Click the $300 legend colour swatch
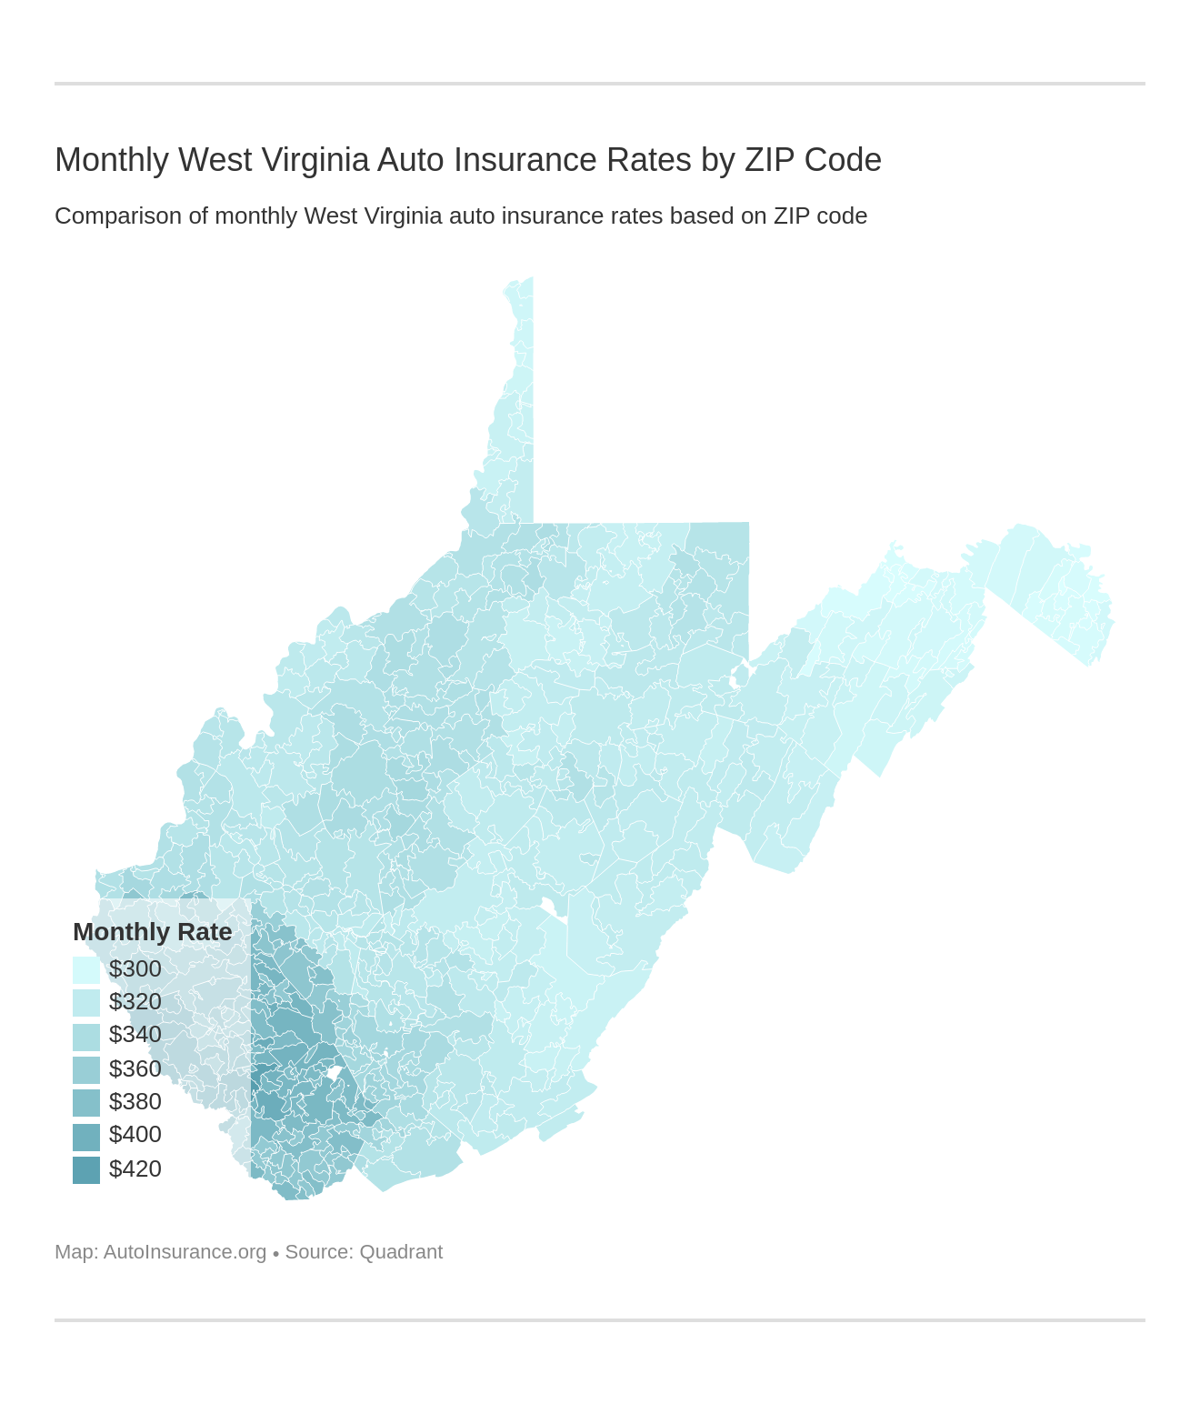coord(86,969)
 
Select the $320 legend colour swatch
coord(86,1002)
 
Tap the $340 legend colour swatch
coord(86,1036)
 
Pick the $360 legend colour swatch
coord(86,1069)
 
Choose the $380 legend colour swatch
coord(86,1102)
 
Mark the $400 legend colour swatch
coord(86,1136)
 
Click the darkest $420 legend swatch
coord(86,1169)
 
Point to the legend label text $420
coord(135,1169)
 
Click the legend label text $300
coord(135,969)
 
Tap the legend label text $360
coord(135,1069)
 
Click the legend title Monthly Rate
coord(152,932)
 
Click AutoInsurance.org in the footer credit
coord(185,1252)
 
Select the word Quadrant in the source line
coord(401,1252)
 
